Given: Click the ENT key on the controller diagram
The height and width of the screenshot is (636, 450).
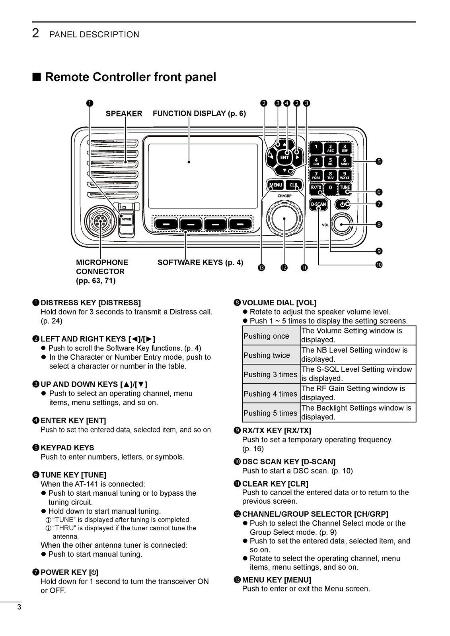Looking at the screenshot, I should click(x=284, y=157).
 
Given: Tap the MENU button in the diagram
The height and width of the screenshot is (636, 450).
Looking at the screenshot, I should click(x=275, y=185).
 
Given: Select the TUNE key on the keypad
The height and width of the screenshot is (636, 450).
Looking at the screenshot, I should click(x=345, y=187).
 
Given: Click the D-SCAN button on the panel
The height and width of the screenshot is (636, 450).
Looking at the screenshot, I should click(x=318, y=204).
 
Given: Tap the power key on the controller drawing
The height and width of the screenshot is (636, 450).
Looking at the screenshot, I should click(x=343, y=204).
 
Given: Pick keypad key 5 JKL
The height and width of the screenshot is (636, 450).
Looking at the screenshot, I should click(x=330, y=161).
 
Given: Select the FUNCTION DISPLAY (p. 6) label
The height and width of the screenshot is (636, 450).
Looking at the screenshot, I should click(x=199, y=114).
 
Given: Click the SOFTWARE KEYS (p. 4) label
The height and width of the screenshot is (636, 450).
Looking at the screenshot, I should click(x=200, y=262).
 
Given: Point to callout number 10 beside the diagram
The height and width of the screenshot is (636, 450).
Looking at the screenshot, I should click(x=379, y=264).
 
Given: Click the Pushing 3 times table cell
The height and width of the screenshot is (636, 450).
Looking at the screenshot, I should click(x=271, y=374).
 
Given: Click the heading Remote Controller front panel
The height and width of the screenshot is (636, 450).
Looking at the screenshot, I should click(x=131, y=77).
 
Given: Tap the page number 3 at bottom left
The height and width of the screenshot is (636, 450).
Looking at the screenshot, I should click(x=19, y=607).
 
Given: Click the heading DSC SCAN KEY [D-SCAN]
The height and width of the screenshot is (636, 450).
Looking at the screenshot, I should click(x=288, y=461).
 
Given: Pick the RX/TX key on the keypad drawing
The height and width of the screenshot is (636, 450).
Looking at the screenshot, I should click(x=316, y=187).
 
